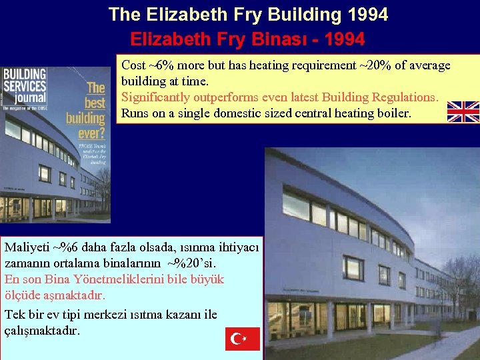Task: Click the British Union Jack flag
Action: (463, 112)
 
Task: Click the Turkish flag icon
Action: (242, 339)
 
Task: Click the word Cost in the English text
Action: (133, 65)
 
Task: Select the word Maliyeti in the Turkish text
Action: (27, 247)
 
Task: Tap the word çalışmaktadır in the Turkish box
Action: (43, 330)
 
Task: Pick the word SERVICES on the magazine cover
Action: (24, 86)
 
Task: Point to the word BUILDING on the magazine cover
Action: (24, 73)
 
